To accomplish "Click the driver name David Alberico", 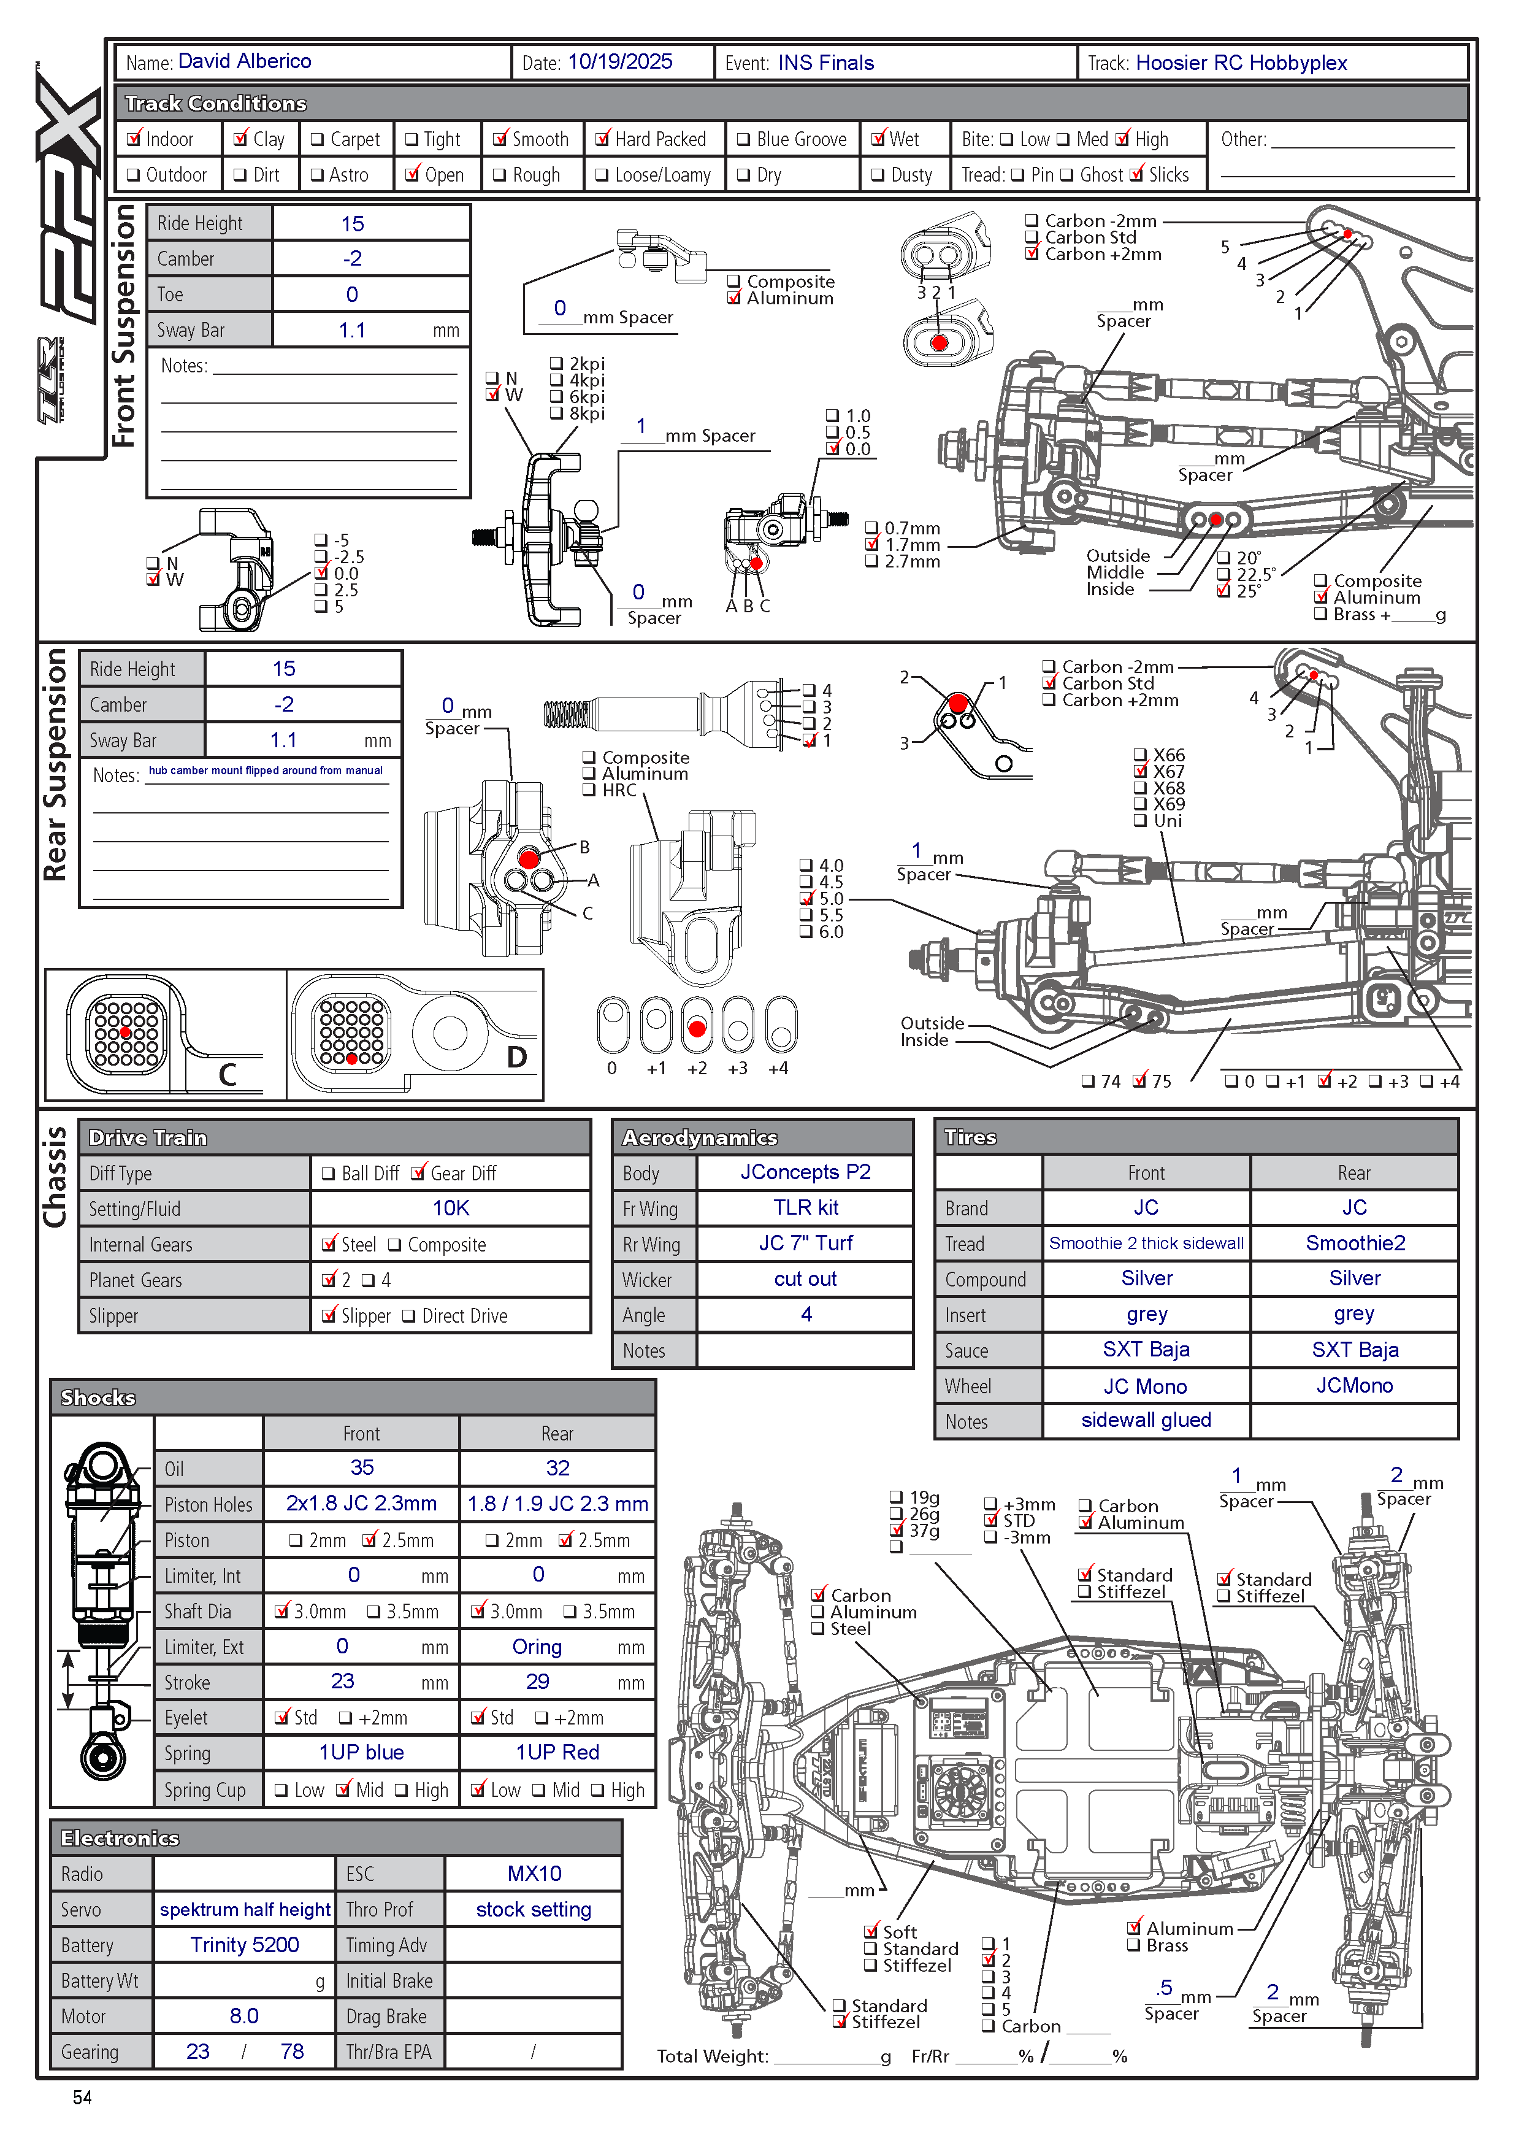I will click(x=245, y=61).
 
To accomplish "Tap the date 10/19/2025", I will click(x=620, y=61).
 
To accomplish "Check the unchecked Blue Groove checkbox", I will click(x=744, y=140).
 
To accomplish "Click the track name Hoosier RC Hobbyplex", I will click(x=1241, y=63).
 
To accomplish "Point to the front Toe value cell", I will click(x=352, y=294).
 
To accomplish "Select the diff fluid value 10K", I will click(x=450, y=1208).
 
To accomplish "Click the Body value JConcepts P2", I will click(x=805, y=1172).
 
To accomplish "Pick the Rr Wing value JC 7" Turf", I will click(x=805, y=1243).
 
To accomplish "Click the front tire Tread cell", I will click(x=1146, y=1243).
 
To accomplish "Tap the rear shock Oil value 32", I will click(x=557, y=1467).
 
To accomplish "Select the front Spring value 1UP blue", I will click(x=361, y=1752).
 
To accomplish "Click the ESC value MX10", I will click(x=534, y=1873).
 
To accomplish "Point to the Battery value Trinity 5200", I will click(x=245, y=1945).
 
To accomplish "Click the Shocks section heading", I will click(x=98, y=1397).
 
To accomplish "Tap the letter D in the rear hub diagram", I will click(x=516, y=1057).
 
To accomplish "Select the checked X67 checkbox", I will click(x=1140, y=771).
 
